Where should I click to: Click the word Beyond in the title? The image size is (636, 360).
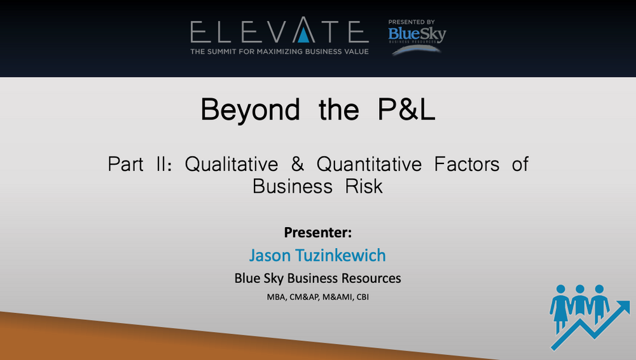click(x=250, y=110)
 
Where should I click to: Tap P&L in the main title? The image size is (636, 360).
click(x=406, y=109)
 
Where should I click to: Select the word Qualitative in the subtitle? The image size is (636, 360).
click(x=232, y=164)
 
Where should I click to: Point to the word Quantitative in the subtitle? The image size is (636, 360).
click(x=369, y=164)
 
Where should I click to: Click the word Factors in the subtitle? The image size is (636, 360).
click(x=467, y=164)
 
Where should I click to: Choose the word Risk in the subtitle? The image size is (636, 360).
click(x=364, y=186)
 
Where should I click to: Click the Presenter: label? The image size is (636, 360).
click(x=318, y=233)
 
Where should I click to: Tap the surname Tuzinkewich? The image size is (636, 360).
click(x=340, y=255)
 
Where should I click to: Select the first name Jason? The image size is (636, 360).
click(x=270, y=255)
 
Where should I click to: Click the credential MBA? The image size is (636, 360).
click(x=276, y=297)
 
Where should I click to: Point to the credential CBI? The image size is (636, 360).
click(x=363, y=297)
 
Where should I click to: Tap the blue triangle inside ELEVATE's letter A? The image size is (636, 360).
click(x=303, y=36)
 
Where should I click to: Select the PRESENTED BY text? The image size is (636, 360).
click(x=411, y=22)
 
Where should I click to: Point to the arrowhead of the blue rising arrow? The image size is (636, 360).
click(x=623, y=307)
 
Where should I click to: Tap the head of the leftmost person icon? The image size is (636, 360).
click(x=561, y=289)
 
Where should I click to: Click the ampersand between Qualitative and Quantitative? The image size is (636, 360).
click(x=297, y=164)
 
